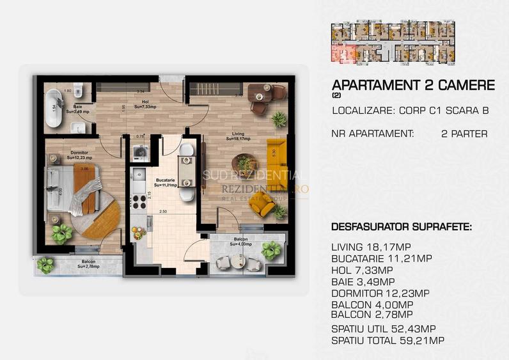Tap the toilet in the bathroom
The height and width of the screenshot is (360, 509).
click(x=77, y=89)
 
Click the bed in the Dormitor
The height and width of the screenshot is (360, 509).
click(x=70, y=186)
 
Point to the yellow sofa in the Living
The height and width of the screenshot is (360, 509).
click(x=276, y=153)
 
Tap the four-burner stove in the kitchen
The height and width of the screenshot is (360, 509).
click(x=139, y=202)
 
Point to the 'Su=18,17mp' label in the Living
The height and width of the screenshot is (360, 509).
click(x=241, y=139)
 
